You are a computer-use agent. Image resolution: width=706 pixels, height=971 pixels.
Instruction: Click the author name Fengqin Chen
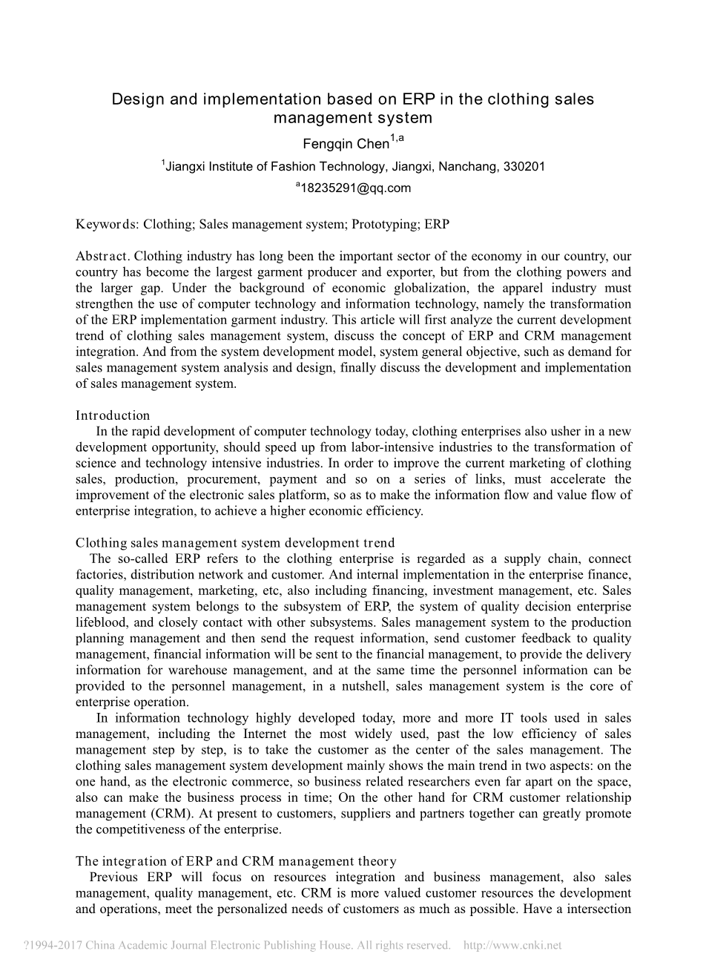click(x=346, y=144)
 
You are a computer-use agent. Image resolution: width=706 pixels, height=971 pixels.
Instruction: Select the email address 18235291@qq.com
click(x=355, y=188)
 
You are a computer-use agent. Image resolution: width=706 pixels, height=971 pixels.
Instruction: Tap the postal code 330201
click(x=524, y=166)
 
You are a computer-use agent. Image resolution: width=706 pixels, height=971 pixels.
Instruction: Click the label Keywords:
click(x=107, y=224)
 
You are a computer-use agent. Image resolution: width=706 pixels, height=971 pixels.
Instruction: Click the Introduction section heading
click(x=113, y=415)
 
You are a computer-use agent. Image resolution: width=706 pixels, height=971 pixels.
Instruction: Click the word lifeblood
click(x=102, y=622)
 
